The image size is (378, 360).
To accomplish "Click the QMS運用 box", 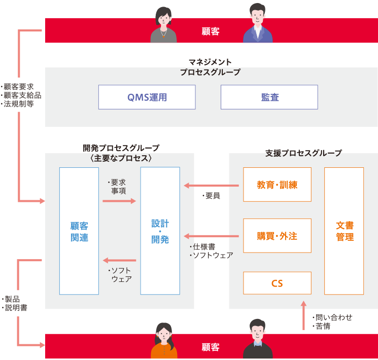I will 147,97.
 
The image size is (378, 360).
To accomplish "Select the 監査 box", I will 269,97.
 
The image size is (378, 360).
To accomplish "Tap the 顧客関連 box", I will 79,231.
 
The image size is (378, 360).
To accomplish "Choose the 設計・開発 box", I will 160,231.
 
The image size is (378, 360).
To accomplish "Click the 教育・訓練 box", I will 277,185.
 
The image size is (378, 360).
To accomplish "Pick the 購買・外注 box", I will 277,236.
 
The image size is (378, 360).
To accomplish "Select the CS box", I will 277,283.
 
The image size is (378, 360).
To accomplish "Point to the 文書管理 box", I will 345,231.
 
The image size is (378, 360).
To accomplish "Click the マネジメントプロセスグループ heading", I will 210,67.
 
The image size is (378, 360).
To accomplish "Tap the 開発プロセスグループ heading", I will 121,153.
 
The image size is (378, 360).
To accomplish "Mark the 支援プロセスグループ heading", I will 303,153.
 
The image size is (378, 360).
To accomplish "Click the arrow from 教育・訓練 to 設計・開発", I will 211,186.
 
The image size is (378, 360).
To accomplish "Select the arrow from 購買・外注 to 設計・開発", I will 211,236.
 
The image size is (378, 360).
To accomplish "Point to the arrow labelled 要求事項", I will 119,201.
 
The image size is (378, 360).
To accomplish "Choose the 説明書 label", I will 17,307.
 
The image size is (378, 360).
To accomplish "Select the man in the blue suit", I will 258,24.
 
